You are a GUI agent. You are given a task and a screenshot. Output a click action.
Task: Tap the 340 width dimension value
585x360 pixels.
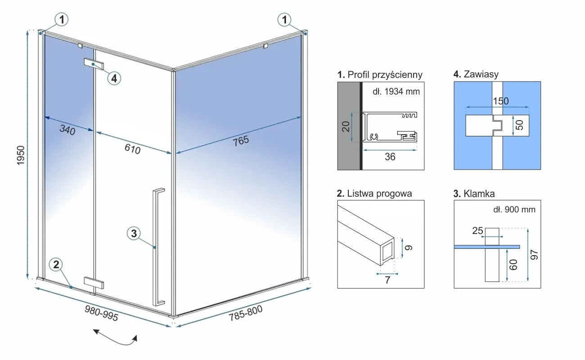(x=67, y=130)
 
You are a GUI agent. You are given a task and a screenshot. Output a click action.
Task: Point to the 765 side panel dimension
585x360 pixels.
(x=241, y=140)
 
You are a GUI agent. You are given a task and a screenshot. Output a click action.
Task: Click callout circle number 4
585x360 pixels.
(x=114, y=78)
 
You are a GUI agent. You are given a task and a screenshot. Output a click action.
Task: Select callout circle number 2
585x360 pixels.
(x=56, y=265)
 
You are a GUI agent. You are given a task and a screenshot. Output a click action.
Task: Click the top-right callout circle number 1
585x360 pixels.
(x=284, y=19)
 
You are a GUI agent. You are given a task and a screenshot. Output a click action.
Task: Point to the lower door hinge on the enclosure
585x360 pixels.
(x=94, y=283)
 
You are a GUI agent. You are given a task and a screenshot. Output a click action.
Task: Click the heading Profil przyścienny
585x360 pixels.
(x=380, y=74)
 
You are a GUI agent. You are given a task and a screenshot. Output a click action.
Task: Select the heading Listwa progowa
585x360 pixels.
(x=374, y=193)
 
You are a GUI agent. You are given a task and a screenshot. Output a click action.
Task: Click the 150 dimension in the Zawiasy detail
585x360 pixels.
(x=500, y=101)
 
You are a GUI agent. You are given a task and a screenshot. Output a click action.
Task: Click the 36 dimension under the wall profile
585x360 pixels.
(x=391, y=157)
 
